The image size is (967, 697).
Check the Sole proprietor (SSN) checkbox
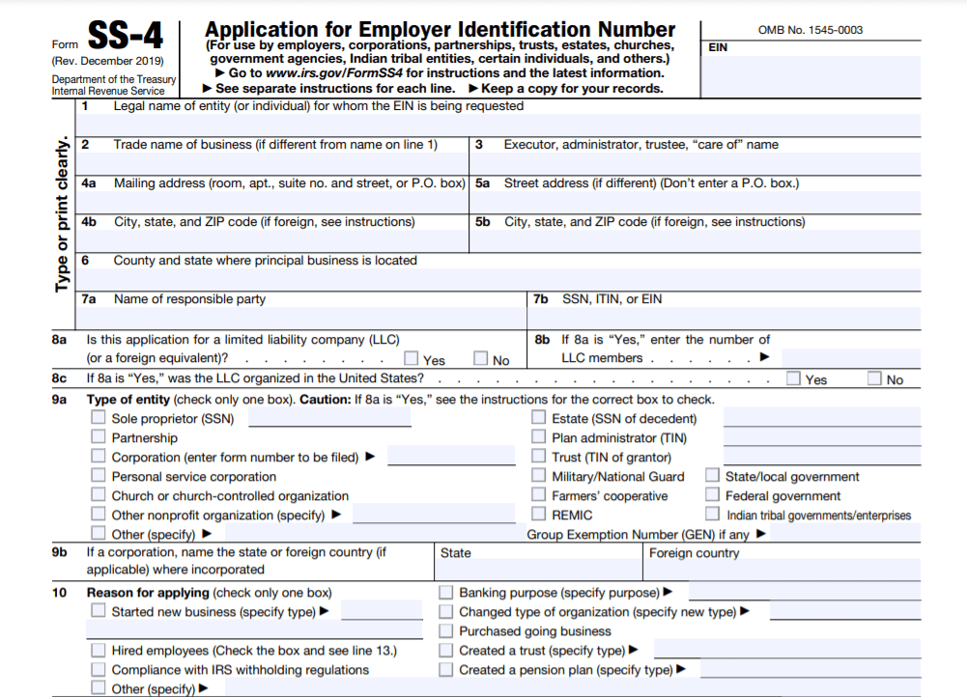coord(99,418)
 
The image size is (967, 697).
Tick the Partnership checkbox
coord(99,437)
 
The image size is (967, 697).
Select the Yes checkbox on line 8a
coord(412,359)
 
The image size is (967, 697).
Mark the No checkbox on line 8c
coord(874,378)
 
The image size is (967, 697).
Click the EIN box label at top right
coord(718,46)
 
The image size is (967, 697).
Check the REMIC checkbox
coord(539,515)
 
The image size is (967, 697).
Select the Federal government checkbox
coord(712,495)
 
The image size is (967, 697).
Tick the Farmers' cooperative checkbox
coord(539,495)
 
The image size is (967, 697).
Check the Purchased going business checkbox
coord(446,630)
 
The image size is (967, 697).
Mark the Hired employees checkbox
coord(99,650)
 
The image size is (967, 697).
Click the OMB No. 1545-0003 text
coord(811,30)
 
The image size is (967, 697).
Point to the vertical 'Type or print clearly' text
coord(63,212)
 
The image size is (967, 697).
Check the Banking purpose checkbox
coord(446,592)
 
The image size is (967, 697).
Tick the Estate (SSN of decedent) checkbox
coord(539,418)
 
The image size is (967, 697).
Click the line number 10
coord(60,592)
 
